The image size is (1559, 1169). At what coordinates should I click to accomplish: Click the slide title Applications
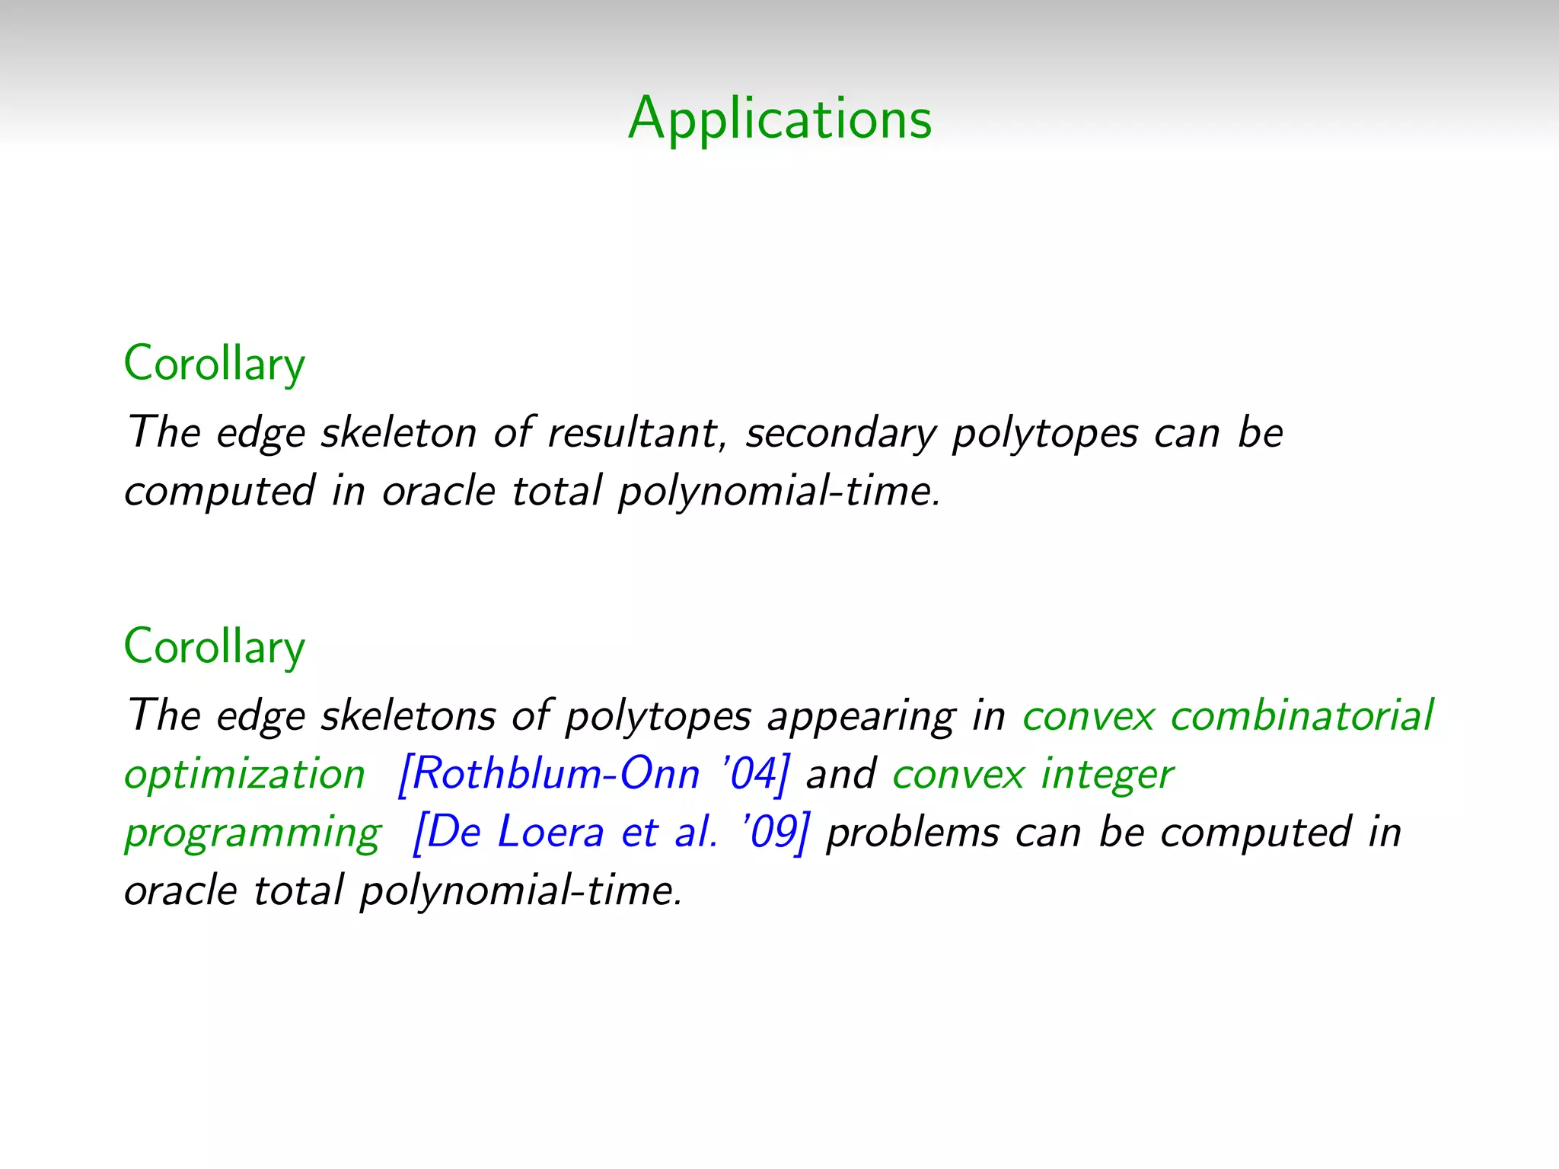pos(779,119)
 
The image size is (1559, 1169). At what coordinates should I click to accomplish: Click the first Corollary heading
pos(214,364)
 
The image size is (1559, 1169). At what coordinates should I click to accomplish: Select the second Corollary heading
pos(214,647)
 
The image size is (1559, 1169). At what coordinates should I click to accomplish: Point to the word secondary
pos(840,434)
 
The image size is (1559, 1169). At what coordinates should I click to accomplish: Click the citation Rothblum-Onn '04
pos(594,774)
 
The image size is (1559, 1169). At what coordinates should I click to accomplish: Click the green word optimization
pos(244,775)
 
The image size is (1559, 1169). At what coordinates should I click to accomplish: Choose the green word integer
pos(1107,775)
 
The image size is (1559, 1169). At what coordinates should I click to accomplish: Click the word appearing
pos(860,717)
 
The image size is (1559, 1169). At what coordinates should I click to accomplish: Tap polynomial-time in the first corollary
pos(778,491)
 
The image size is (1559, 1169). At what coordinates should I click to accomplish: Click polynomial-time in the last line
pos(520,890)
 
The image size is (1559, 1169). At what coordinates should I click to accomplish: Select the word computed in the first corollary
pos(219,491)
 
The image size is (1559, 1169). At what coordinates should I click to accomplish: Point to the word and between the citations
pos(840,774)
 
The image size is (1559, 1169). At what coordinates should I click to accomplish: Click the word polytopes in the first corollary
pos(1044,434)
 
